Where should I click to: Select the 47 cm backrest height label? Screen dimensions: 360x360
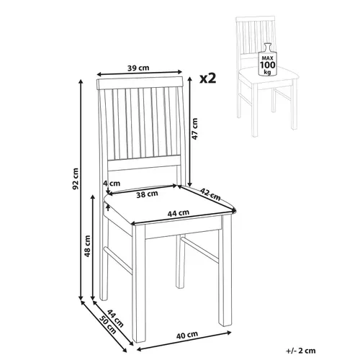(x=195, y=130)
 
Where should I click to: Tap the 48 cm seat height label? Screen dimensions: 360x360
(x=88, y=247)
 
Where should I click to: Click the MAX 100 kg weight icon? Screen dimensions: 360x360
(x=269, y=64)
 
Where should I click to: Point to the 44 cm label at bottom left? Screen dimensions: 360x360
(x=102, y=316)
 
